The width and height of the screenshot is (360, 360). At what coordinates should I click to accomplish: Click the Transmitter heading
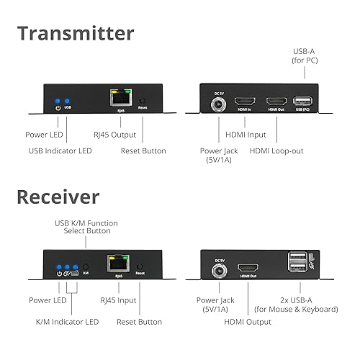pos(75,33)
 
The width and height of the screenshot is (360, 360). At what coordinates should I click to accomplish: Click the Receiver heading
pos(58,197)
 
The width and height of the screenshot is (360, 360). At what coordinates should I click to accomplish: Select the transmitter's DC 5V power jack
pos(217,105)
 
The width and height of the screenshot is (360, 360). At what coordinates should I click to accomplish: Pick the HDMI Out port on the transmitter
pos(276,102)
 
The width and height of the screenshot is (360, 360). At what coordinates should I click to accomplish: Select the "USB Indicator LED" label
pos(60,150)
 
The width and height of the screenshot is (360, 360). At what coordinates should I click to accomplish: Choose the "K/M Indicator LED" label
pos(67,321)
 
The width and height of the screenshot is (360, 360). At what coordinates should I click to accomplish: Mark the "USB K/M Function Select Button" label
pos(86,228)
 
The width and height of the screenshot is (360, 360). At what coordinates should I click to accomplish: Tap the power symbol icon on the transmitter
pos(58,108)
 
